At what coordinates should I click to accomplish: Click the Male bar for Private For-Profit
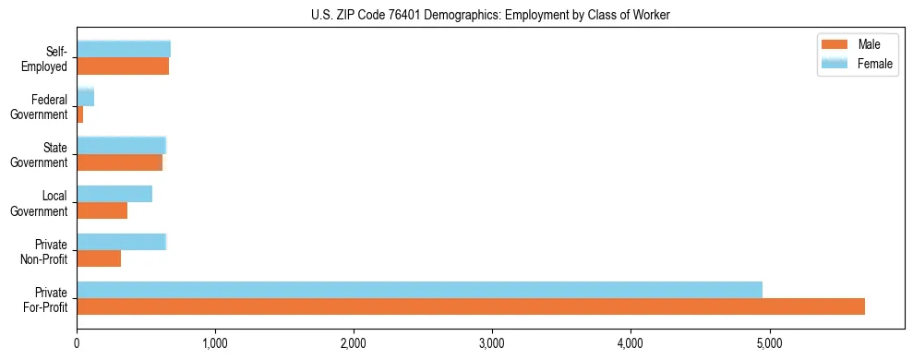point(471,306)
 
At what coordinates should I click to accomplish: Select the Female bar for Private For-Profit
point(419,290)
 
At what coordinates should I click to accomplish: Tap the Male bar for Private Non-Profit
point(99,258)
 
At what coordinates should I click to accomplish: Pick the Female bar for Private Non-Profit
point(121,242)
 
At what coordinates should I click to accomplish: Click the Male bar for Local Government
point(102,210)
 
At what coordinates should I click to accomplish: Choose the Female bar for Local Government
point(114,194)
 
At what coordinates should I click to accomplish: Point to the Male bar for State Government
point(119,162)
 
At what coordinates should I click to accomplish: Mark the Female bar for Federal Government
point(85,98)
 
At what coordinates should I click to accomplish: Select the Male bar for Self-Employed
point(123,66)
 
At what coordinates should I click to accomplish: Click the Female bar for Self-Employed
point(124,49)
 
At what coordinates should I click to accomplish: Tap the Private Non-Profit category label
point(45,251)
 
